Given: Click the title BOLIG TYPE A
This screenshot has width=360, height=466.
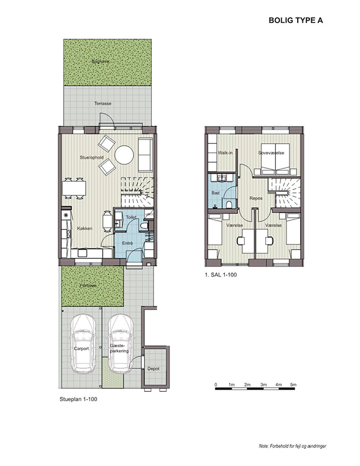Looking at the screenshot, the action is tap(295, 20).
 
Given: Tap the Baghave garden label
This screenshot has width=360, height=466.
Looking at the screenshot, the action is tap(101, 62).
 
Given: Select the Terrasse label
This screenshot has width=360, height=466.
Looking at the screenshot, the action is tap(103, 104).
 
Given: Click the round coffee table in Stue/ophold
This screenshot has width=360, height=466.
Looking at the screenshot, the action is tap(125, 155).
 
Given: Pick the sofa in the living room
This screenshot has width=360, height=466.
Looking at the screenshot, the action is tap(145, 155).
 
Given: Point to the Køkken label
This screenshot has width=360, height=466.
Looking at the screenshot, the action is tap(85, 228).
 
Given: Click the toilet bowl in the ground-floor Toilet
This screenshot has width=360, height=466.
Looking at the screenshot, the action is tap(143, 226).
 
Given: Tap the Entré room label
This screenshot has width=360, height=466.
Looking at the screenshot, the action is tap(128, 243).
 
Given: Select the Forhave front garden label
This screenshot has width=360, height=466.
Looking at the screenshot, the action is tap(88, 285).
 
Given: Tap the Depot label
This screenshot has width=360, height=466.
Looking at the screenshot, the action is tap(154, 368).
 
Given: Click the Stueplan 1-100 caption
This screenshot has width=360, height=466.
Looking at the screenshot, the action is tap(78, 399).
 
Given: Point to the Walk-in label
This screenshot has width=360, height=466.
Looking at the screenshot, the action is tap(225, 153).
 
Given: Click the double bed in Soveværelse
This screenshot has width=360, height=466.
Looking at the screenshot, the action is tap(275, 159).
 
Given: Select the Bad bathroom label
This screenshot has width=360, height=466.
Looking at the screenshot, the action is tap(215, 193).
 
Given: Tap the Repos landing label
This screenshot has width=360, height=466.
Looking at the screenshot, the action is tap(256, 198).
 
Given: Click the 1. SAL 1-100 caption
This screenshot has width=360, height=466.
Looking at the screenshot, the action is tap(221, 275).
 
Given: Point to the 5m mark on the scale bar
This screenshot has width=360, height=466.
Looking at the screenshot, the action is tap(293, 385).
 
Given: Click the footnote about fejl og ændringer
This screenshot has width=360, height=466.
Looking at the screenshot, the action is tap(292, 446).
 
